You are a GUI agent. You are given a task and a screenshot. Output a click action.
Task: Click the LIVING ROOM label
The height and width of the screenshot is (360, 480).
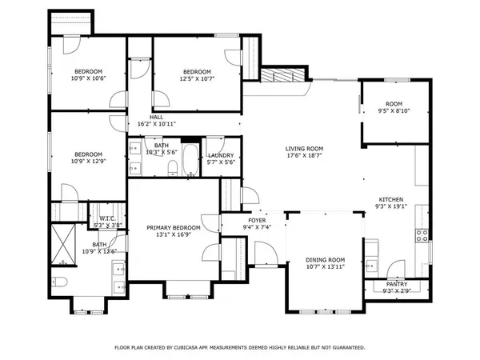304,149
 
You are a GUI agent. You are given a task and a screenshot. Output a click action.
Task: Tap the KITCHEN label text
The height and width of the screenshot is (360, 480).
390,199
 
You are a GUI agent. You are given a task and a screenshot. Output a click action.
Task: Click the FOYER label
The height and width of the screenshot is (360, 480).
256,220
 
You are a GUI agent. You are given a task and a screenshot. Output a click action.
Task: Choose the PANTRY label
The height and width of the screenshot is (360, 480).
396,284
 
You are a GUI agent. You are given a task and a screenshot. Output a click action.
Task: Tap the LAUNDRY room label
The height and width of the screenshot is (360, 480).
220,155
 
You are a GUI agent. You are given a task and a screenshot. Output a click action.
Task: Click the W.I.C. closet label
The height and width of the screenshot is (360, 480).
108,218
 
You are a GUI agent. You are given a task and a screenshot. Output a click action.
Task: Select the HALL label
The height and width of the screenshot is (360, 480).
157,117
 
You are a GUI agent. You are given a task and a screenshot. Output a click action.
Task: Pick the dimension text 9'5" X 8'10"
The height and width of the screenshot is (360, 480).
394,111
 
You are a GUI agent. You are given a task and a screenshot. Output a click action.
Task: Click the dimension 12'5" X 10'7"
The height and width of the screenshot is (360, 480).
196,78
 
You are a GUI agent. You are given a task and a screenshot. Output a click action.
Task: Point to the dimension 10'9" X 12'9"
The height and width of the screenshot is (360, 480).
89,161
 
